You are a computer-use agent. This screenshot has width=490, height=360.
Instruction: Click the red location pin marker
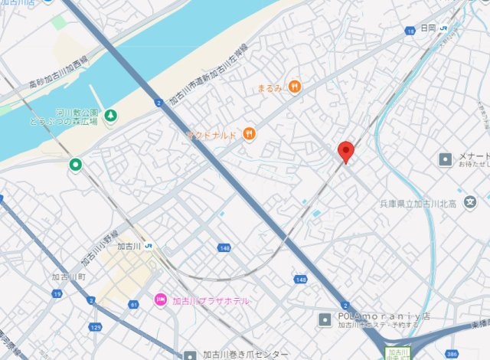coord(346,152)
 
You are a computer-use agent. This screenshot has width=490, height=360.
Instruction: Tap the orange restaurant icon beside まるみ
coord(295,87)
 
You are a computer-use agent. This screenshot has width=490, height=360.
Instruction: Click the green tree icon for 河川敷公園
coord(112,116)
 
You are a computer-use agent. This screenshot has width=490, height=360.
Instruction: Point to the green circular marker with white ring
coord(76,165)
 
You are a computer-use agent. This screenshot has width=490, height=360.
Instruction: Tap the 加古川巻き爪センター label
coord(246,355)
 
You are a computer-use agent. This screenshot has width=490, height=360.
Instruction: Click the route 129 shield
coord(95,327)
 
